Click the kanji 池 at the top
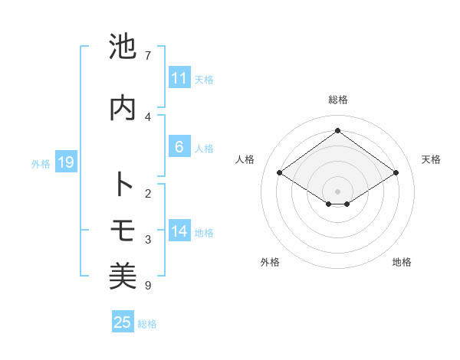click(x=123, y=47)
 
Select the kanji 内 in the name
click(x=123, y=108)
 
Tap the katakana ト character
click(x=123, y=185)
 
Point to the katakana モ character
click(x=123, y=230)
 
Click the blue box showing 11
click(x=179, y=78)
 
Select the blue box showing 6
click(x=179, y=148)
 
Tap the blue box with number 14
click(x=179, y=232)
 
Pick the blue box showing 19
click(x=65, y=162)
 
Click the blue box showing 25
click(x=123, y=322)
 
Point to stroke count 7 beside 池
click(x=147, y=56)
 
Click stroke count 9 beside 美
click(x=147, y=286)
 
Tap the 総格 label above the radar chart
click(x=337, y=100)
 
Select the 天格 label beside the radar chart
click(x=431, y=159)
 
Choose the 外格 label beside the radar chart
click(x=270, y=263)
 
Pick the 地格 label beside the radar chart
click(x=402, y=263)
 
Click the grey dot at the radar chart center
click(x=337, y=191)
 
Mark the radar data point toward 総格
click(x=337, y=130)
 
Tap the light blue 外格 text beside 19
click(x=41, y=163)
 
